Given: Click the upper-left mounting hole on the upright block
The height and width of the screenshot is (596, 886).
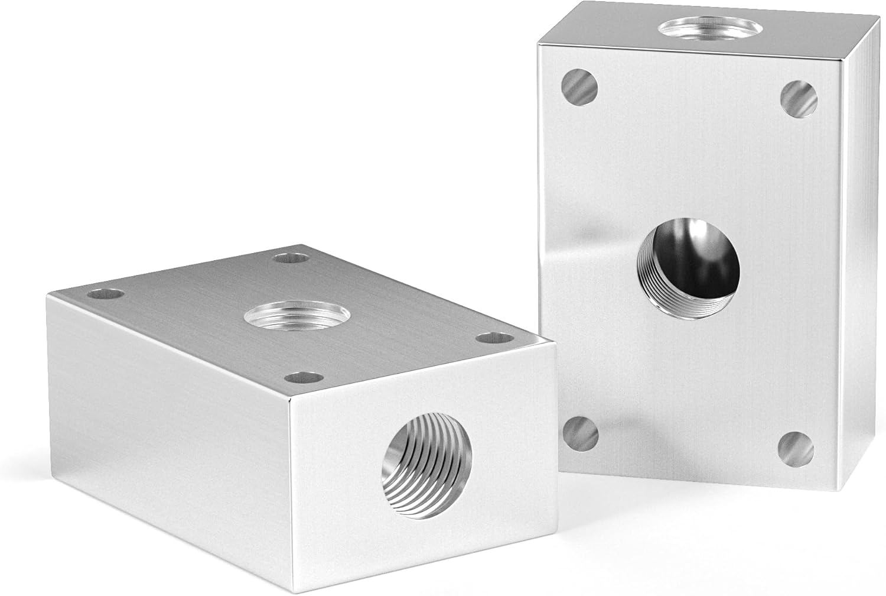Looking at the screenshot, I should pos(580,86).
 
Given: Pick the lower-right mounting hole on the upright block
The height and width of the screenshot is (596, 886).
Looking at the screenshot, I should pos(794,449).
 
